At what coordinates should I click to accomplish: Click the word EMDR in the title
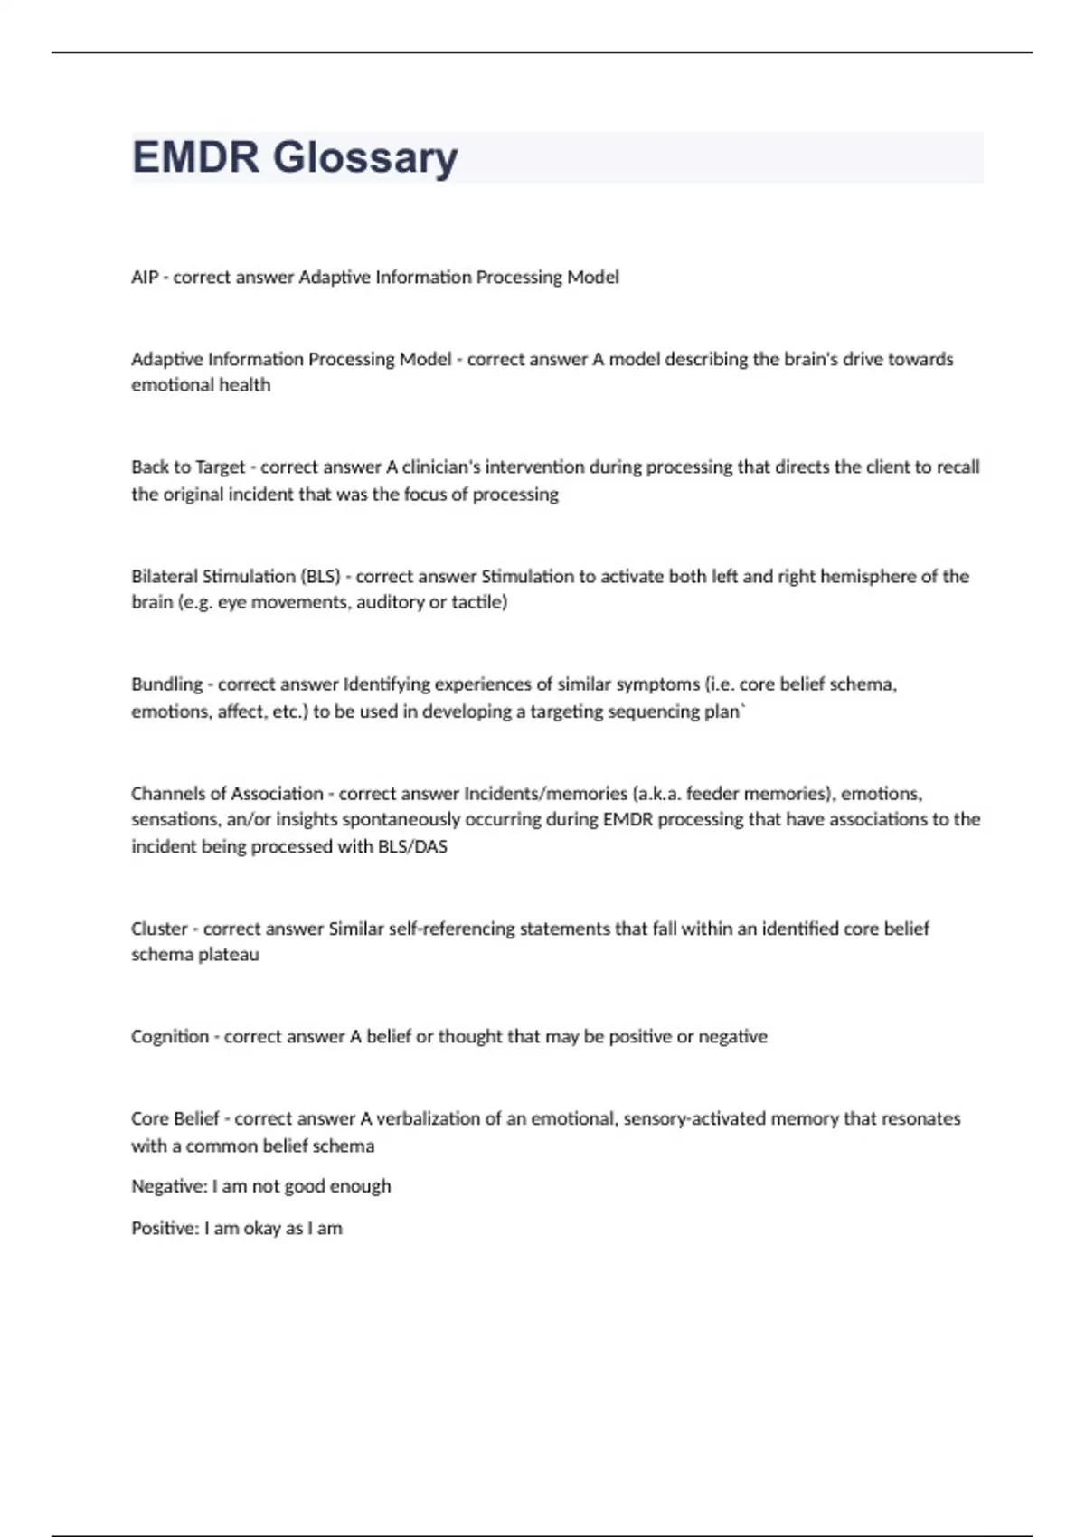click(195, 157)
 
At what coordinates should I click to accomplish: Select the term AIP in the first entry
click(145, 278)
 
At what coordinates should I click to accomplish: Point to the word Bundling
click(166, 684)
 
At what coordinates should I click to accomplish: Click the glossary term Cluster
click(159, 929)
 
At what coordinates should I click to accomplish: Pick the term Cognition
click(170, 1037)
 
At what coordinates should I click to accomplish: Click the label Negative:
click(169, 1186)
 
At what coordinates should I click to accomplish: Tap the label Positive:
click(165, 1229)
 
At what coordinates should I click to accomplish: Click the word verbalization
click(428, 1119)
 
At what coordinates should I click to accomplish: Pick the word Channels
click(165, 794)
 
